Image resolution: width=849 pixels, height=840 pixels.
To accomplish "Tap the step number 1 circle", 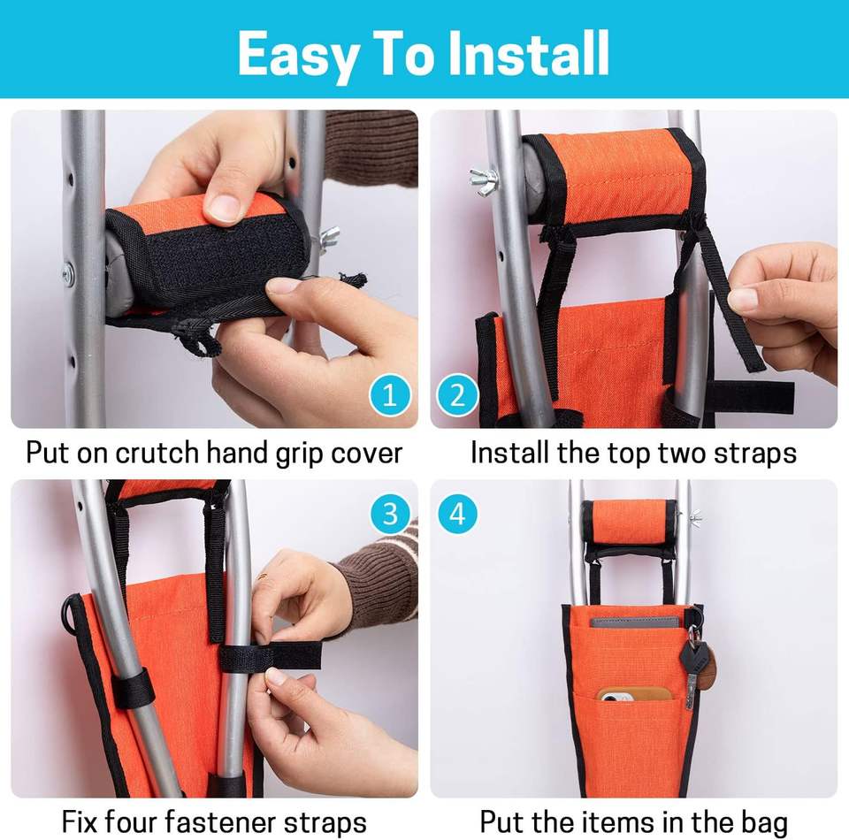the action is point(390,395).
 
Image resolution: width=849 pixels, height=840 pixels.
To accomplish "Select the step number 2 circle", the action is point(457,395).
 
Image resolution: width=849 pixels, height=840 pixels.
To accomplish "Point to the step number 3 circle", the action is point(390,513).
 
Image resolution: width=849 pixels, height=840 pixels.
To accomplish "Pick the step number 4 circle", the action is point(457,513).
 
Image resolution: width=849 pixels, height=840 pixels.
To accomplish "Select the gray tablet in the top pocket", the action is point(635,622).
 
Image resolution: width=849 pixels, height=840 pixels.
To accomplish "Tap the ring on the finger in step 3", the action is point(262,577).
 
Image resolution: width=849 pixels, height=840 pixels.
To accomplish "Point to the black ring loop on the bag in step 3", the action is point(69,615).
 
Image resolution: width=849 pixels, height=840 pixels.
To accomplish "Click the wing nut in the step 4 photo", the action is point(695,518).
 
